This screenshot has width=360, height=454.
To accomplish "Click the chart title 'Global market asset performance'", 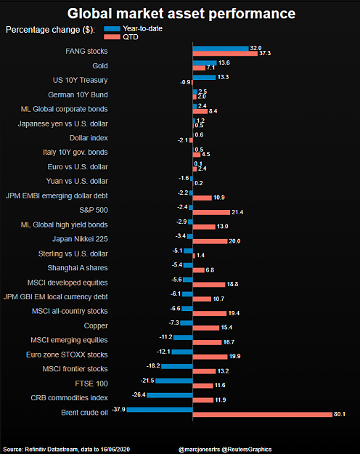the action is (x=181, y=14).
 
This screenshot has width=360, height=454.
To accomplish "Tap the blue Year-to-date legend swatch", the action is (x=112, y=28).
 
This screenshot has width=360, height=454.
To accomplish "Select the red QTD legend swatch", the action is (x=112, y=37).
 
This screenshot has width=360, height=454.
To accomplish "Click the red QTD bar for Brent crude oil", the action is (x=263, y=415).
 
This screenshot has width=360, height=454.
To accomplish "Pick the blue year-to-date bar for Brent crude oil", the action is (x=160, y=410).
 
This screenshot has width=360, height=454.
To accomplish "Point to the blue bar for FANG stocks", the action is (x=221, y=49).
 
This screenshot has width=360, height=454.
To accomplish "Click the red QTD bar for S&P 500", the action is (x=211, y=212).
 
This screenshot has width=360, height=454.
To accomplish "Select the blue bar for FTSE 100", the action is (x=174, y=381).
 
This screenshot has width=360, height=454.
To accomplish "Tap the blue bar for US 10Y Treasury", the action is (x=204, y=77).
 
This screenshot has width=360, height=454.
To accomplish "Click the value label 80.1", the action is (x=340, y=414).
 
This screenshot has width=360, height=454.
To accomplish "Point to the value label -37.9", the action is (x=118, y=410).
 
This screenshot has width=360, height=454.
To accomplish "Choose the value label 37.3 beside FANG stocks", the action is (x=265, y=53).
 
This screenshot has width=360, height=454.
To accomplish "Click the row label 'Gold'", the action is (x=100, y=66).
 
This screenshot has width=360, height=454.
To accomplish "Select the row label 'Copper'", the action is (x=96, y=326).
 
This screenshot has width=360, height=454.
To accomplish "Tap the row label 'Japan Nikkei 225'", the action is (x=80, y=239).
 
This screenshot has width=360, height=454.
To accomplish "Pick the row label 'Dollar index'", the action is (x=89, y=138).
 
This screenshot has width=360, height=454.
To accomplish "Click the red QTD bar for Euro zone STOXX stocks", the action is (x=210, y=357).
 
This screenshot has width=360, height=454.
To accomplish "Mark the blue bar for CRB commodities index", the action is (x=170, y=395).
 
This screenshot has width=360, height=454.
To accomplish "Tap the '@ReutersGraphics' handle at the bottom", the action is (x=247, y=450).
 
